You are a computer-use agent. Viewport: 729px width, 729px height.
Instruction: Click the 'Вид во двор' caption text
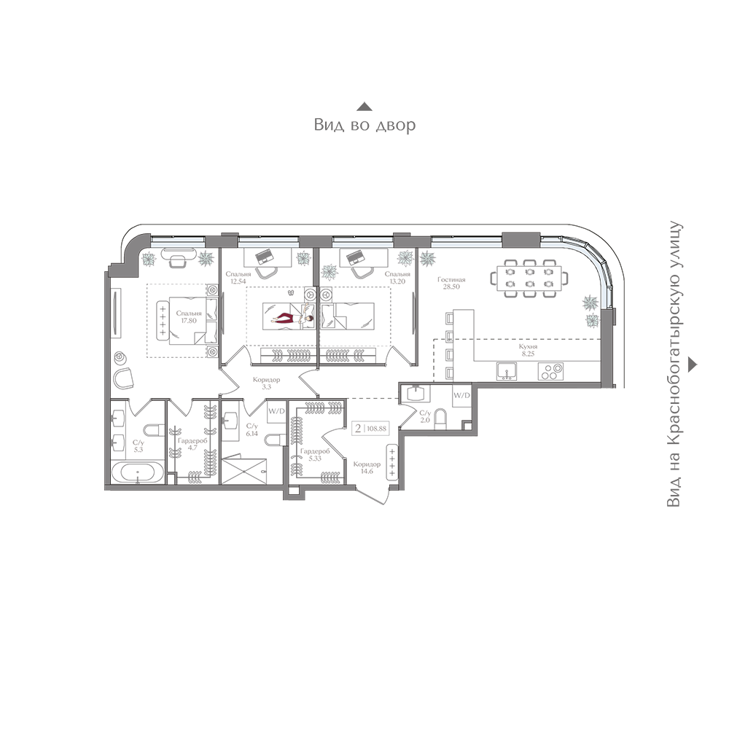pyautogui.click(x=364, y=125)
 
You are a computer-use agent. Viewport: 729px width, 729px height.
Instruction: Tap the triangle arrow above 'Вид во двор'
pyautogui.click(x=364, y=107)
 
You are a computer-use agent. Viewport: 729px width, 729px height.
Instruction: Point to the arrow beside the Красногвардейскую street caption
pyautogui.click(x=693, y=364)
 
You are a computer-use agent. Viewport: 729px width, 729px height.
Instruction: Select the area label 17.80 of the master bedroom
pyautogui.click(x=189, y=320)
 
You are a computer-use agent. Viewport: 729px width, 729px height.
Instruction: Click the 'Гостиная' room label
pyautogui.click(x=451, y=280)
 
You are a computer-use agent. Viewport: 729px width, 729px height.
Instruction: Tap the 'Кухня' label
pyautogui.click(x=528, y=347)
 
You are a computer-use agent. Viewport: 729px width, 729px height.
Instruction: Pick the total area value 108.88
pyautogui.click(x=377, y=428)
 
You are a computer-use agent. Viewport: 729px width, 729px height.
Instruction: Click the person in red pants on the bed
pyautogui.click(x=292, y=319)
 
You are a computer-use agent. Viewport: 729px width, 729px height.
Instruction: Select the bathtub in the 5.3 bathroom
pyautogui.click(x=138, y=473)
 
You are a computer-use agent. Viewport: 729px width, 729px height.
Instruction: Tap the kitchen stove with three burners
pyautogui.click(x=550, y=372)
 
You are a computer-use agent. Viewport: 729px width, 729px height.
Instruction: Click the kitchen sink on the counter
pyautogui.click(x=506, y=372)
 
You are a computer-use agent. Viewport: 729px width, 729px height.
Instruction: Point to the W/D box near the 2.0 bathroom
pyautogui.click(x=461, y=396)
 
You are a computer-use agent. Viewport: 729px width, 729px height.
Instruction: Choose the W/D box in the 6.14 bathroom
pyautogui.click(x=276, y=411)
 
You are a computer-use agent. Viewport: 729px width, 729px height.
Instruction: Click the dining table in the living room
pyautogui.click(x=529, y=278)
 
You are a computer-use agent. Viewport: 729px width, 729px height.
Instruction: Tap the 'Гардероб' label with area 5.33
pyautogui.click(x=315, y=451)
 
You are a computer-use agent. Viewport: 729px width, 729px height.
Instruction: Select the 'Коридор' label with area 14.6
pyautogui.click(x=367, y=464)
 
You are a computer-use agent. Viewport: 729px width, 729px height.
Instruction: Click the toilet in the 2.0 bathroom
pyautogui.click(x=440, y=418)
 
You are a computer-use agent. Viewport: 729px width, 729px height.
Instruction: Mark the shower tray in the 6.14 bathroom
pyautogui.click(x=244, y=472)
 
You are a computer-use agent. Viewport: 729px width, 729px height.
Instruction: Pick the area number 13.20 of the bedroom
pyautogui.click(x=397, y=281)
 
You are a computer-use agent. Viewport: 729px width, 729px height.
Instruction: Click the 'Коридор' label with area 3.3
pyautogui.click(x=266, y=380)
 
